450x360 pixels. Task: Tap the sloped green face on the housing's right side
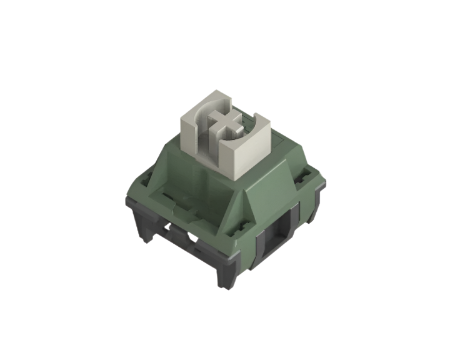[275, 187]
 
